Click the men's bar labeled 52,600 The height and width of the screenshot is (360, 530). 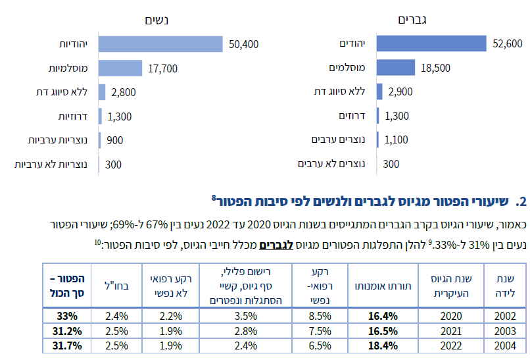tap(431, 44)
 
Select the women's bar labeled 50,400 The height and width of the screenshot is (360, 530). tap(160, 44)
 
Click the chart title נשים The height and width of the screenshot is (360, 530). tap(158, 19)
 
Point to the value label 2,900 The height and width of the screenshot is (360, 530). tap(400, 92)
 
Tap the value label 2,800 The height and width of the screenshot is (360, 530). tap(124, 92)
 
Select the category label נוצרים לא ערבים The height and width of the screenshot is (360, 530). tap(337, 164)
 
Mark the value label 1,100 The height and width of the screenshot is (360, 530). tap(396, 140)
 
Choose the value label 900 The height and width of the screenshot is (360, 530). tap(114, 140)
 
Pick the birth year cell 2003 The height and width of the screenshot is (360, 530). tap(504, 330)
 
